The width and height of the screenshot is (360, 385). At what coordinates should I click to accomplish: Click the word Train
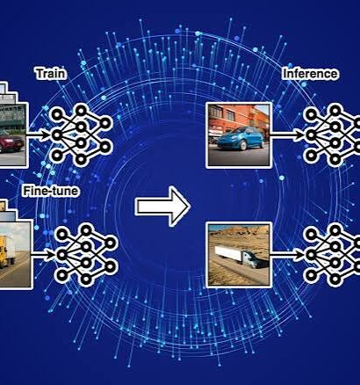pos(51,73)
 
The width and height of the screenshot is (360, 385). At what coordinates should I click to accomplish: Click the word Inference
pos(310,74)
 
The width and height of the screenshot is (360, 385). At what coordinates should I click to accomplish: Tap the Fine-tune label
pos(51,191)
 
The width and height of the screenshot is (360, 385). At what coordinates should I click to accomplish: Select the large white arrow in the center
pos(162,207)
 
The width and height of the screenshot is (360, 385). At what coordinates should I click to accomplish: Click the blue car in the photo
pos(241,139)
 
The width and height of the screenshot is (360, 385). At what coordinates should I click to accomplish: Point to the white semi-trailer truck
pos(241,256)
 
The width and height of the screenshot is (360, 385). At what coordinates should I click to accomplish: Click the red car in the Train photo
pos(11,143)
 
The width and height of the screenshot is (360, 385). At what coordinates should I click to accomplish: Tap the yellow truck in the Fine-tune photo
pos(7,251)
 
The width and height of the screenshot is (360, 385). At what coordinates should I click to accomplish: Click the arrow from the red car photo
pos(39,135)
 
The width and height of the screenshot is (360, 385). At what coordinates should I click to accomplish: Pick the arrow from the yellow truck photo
pos(43,255)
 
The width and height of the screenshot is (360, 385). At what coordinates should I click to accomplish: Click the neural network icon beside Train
pos(81,135)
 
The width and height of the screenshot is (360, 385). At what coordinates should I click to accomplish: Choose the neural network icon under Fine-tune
pos(86,254)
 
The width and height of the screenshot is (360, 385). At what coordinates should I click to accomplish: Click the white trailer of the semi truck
pos(228,252)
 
